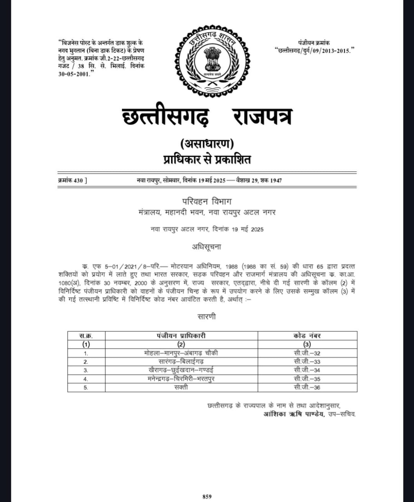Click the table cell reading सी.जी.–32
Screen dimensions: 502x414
[307, 353]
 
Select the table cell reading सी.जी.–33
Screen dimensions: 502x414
[307, 362]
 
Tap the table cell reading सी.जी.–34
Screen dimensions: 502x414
[307, 370]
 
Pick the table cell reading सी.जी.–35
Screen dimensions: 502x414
[307, 379]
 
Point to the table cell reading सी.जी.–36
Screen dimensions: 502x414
[307, 387]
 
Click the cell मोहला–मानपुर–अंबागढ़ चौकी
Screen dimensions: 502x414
[181, 353]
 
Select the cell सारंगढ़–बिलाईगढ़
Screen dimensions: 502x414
[181, 362]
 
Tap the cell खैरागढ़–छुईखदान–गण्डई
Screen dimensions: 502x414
[181, 370]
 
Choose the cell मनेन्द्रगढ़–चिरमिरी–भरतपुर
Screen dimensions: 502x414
[181, 379]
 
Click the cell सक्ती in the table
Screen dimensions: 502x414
[181, 387]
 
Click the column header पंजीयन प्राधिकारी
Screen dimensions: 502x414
[181, 336]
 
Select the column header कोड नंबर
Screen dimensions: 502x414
[307, 336]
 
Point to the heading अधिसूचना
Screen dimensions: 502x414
[207, 247]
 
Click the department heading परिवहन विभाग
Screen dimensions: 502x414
[207, 202]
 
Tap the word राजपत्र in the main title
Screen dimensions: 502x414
[262, 117]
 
